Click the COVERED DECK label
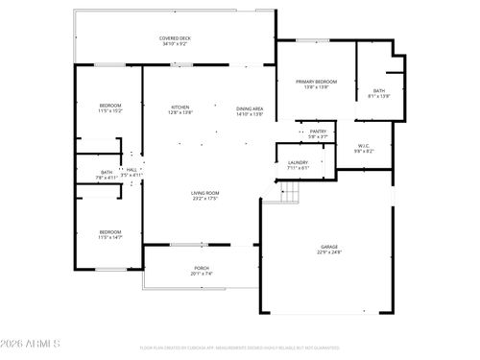pos(175,37)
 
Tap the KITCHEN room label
pos(180,107)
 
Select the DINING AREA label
pos(250,108)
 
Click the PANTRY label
pos(318,132)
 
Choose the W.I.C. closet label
pos(363,147)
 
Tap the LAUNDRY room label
pos(299,162)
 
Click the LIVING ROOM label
pos(204,193)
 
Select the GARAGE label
pos(328,248)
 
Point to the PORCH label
pos(202,268)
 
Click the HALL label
pos(131,170)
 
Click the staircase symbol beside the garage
pos(290,193)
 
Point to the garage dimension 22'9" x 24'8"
pos(328,253)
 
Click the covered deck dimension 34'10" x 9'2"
pos(175,44)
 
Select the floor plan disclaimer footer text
pos(239,348)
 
